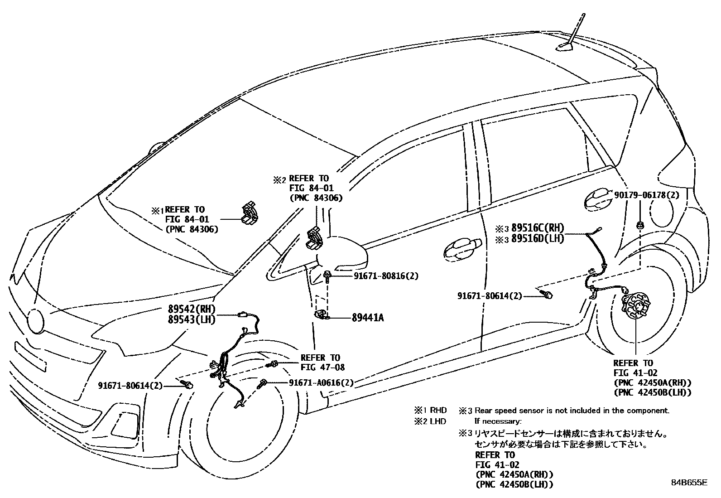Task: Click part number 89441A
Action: pyautogui.click(x=367, y=318)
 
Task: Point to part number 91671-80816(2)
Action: pyautogui.click(x=386, y=276)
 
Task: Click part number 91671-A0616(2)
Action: pyautogui.click(x=321, y=383)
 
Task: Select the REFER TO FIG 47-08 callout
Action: pyautogui.click(x=320, y=363)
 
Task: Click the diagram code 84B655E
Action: pyautogui.click(x=689, y=483)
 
